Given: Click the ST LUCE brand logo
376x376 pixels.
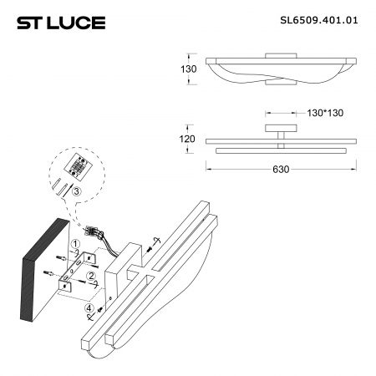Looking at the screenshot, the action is coord(61,23).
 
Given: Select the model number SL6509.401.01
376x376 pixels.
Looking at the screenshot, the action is coord(319,20).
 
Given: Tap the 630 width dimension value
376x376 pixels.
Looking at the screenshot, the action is coord(281,170).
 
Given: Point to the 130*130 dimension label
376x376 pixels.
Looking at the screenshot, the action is coord(325,113).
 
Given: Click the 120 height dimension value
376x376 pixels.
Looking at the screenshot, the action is coord(187,139).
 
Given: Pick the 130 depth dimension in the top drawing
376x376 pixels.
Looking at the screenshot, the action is coord(189,69).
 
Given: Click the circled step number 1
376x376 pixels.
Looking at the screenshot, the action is coord(75,244).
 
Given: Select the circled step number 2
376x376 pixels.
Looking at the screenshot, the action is coord(91,276).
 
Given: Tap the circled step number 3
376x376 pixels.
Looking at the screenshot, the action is coord(76,191).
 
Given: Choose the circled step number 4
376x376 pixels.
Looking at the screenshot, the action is coord(89,308).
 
